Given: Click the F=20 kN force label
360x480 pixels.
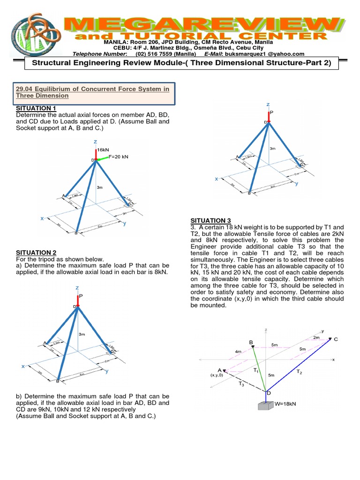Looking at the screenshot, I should (x=118, y=157).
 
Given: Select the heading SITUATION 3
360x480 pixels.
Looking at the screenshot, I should (x=210, y=220).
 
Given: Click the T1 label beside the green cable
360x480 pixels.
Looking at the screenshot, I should (x=256, y=370).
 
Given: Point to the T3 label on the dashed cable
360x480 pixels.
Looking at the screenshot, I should (x=241, y=384).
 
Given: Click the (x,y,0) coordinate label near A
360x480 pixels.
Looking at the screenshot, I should (x=217, y=375).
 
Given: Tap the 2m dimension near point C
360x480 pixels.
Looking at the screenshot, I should (x=316, y=337).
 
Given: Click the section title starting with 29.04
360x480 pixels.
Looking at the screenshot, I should (x=92, y=92).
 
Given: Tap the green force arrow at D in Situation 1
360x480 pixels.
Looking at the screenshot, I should (x=102, y=158).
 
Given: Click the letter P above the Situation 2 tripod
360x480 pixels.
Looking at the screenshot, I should (x=81, y=296).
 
